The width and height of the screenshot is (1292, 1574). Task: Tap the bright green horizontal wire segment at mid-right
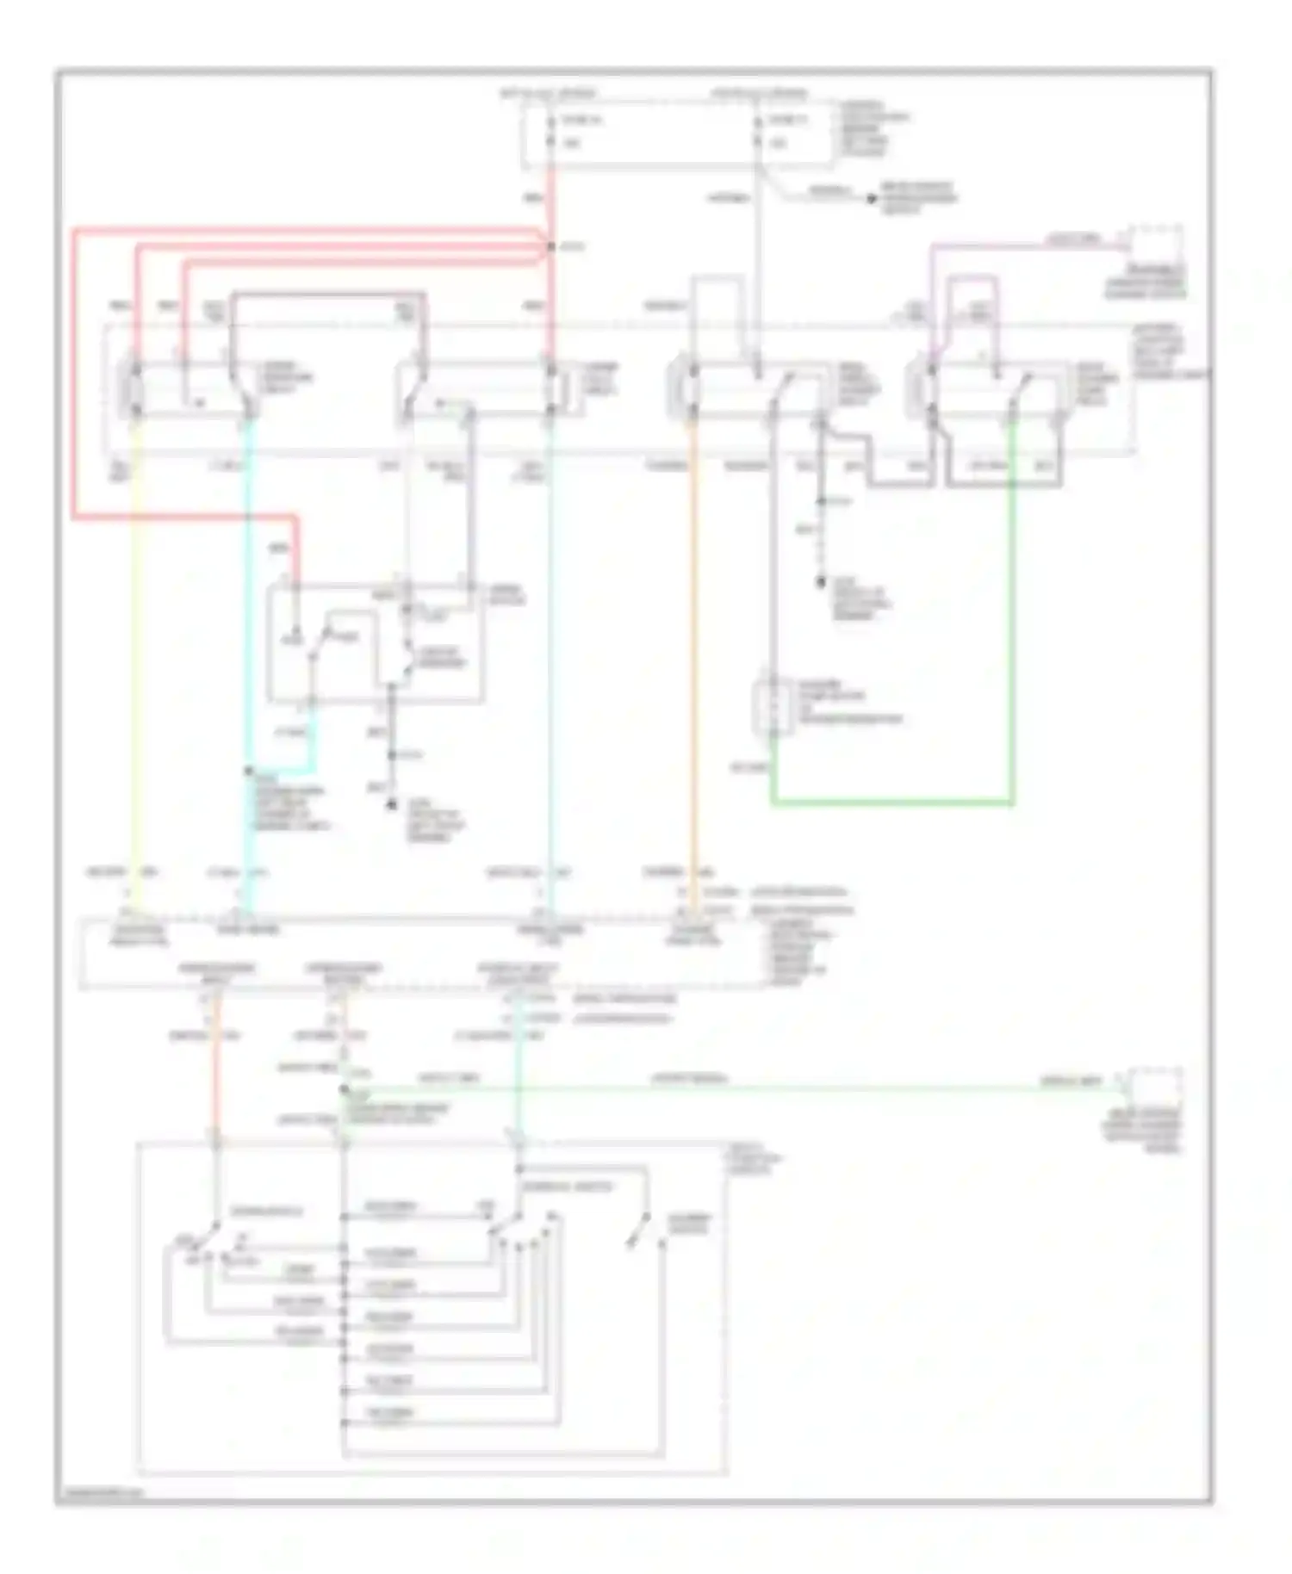[x=891, y=803]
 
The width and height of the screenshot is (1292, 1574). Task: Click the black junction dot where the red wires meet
[x=551, y=247]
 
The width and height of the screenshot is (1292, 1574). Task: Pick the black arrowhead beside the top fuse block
[x=871, y=198]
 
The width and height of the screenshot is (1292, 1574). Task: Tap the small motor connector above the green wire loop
[x=773, y=708]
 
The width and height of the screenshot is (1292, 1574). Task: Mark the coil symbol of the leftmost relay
[x=135, y=390]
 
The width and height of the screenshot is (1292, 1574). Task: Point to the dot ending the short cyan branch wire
[x=249, y=772]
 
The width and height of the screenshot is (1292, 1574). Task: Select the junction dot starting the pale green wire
[x=344, y=1090]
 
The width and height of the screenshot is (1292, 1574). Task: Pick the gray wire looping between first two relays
[x=327, y=295]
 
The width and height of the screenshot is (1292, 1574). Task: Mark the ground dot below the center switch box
[x=392, y=804]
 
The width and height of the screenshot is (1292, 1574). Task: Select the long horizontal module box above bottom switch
[x=422, y=954]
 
